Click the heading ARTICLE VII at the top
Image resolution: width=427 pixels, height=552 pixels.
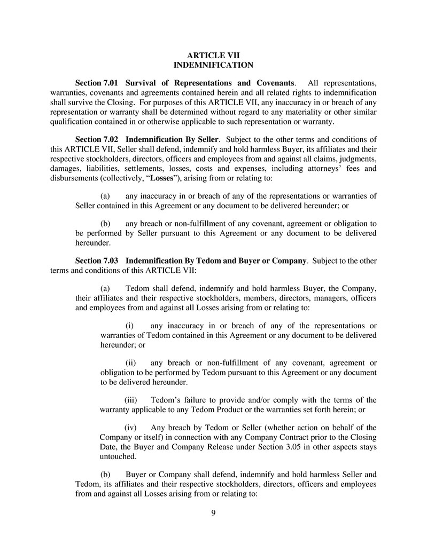click(213, 55)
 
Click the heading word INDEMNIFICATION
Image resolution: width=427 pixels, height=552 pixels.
click(213, 65)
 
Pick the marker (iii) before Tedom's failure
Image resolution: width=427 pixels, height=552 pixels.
click(131, 400)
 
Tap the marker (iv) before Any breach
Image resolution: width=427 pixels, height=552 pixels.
click(131, 427)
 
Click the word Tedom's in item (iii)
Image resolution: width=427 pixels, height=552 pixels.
click(166, 400)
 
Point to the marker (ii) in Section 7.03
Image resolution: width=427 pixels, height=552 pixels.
click(131, 362)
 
